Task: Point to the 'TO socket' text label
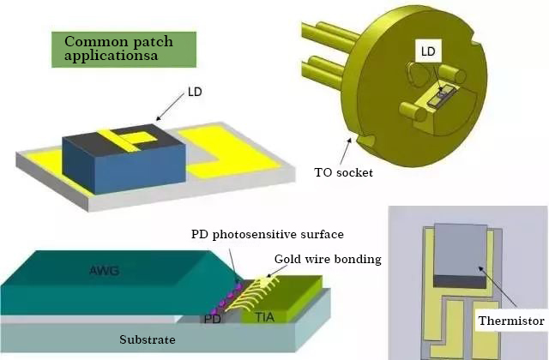pyautogui.click(x=343, y=172)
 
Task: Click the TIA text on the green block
pyautogui.click(x=268, y=315)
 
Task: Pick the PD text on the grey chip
pyautogui.click(x=211, y=320)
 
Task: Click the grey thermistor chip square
pyautogui.click(x=463, y=249)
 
